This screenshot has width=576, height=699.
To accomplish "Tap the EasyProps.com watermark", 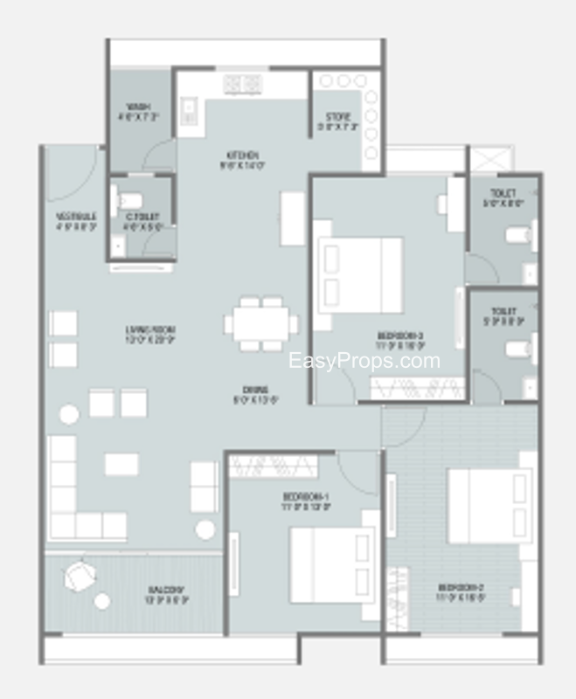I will pos(364,360).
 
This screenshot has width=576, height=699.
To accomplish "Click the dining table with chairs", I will pos(260,324).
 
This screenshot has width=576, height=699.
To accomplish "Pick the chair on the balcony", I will pos(80,576).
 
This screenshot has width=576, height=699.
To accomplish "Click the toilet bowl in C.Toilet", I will pos(128,198).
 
